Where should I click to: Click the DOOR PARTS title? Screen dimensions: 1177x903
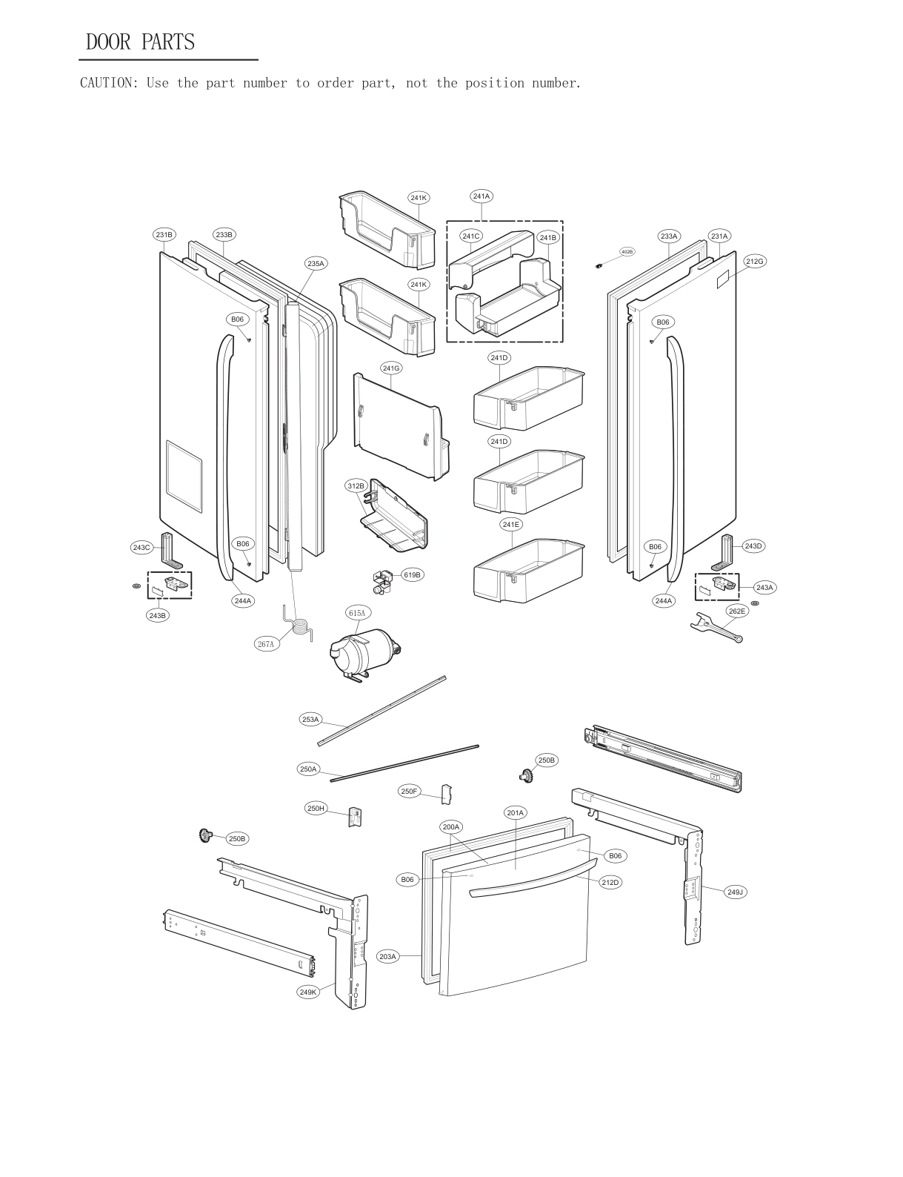pyautogui.click(x=140, y=42)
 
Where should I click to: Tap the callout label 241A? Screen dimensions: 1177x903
pyautogui.click(x=482, y=196)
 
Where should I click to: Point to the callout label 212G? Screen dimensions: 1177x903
pyautogui.click(x=755, y=261)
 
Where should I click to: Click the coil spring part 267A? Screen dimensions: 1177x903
pyautogui.click(x=299, y=625)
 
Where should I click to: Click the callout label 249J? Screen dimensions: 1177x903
pyautogui.click(x=735, y=892)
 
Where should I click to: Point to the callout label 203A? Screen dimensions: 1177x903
pyautogui.click(x=388, y=957)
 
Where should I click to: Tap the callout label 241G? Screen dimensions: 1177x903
pyautogui.click(x=391, y=368)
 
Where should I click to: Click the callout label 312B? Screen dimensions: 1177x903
pyautogui.click(x=356, y=486)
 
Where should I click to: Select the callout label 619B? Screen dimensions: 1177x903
pyautogui.click(x=413, y=574)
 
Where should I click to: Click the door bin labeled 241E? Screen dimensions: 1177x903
pyautogui.click(x=528, y=569)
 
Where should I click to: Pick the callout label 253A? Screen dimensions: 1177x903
pyautogui.click(x=310, y=719)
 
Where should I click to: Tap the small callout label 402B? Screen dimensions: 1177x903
pyautogui.click(x=627, y=252)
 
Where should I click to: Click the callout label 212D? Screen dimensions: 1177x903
pyautogui.click(x=610, y=883)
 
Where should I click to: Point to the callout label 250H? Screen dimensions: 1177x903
pyautogui.click(x=316, y=808)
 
